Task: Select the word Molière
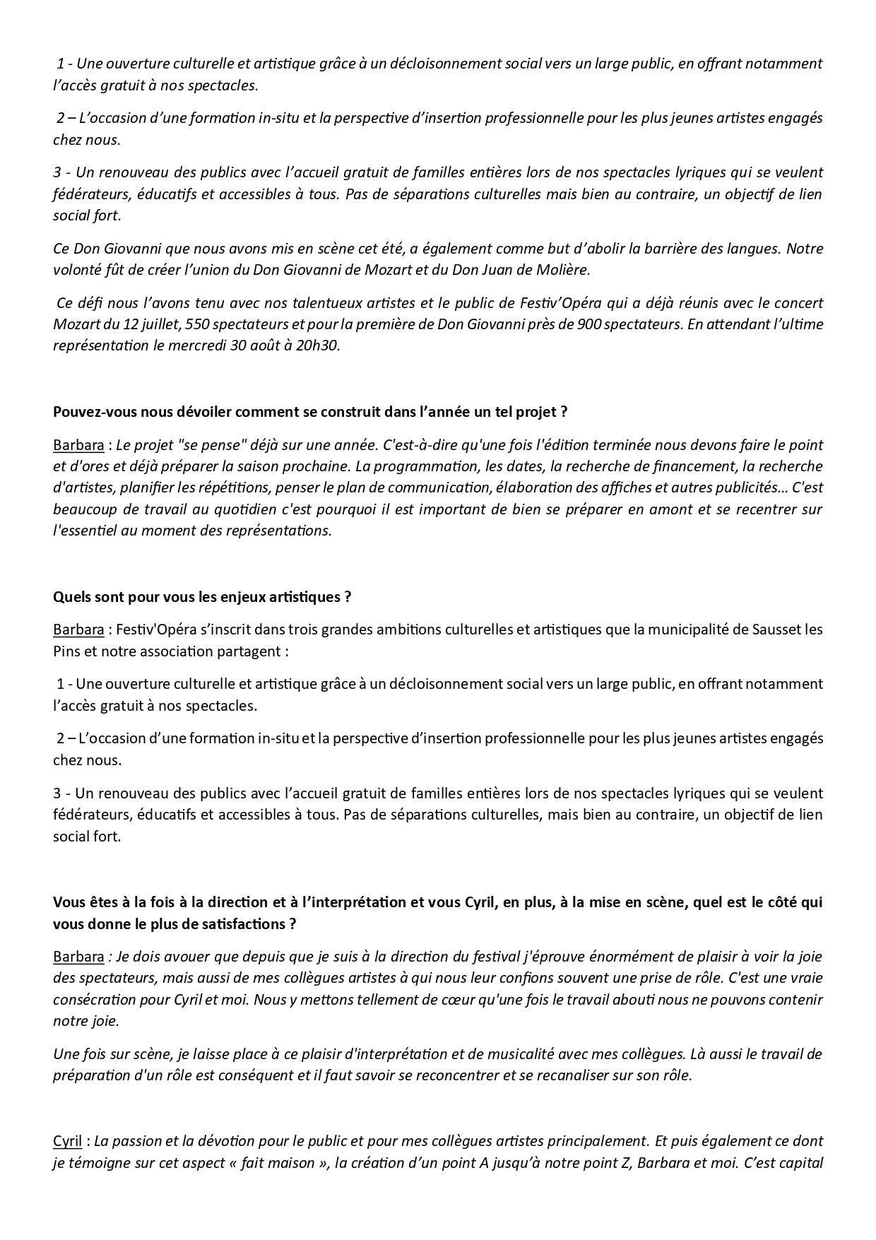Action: tap(562, 270)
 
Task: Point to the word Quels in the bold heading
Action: tap(70, 597)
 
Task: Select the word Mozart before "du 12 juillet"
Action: tap(74, 325)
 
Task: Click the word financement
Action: tap(649, 466)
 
